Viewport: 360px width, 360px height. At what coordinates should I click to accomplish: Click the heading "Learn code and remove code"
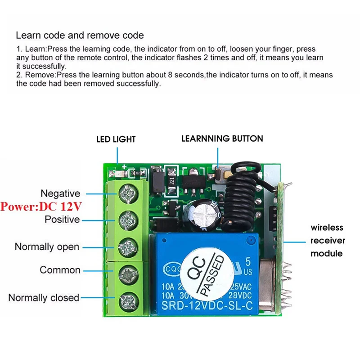coord(80,35)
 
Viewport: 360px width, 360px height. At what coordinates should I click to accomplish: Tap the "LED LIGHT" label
coord(116,139)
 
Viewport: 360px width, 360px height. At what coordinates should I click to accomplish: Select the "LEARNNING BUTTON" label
coord(222,139)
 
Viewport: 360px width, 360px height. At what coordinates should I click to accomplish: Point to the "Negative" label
coord(60,193)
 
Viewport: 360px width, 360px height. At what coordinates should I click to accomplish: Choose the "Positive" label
coord(62,220)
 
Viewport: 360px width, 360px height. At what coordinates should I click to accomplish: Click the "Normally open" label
coord(47,247)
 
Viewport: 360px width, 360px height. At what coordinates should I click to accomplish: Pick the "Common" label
coord(60,270)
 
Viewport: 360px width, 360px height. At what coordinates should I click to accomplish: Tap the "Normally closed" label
coord(44,297)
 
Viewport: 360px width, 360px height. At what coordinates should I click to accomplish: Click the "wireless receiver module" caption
coord(327,240)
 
